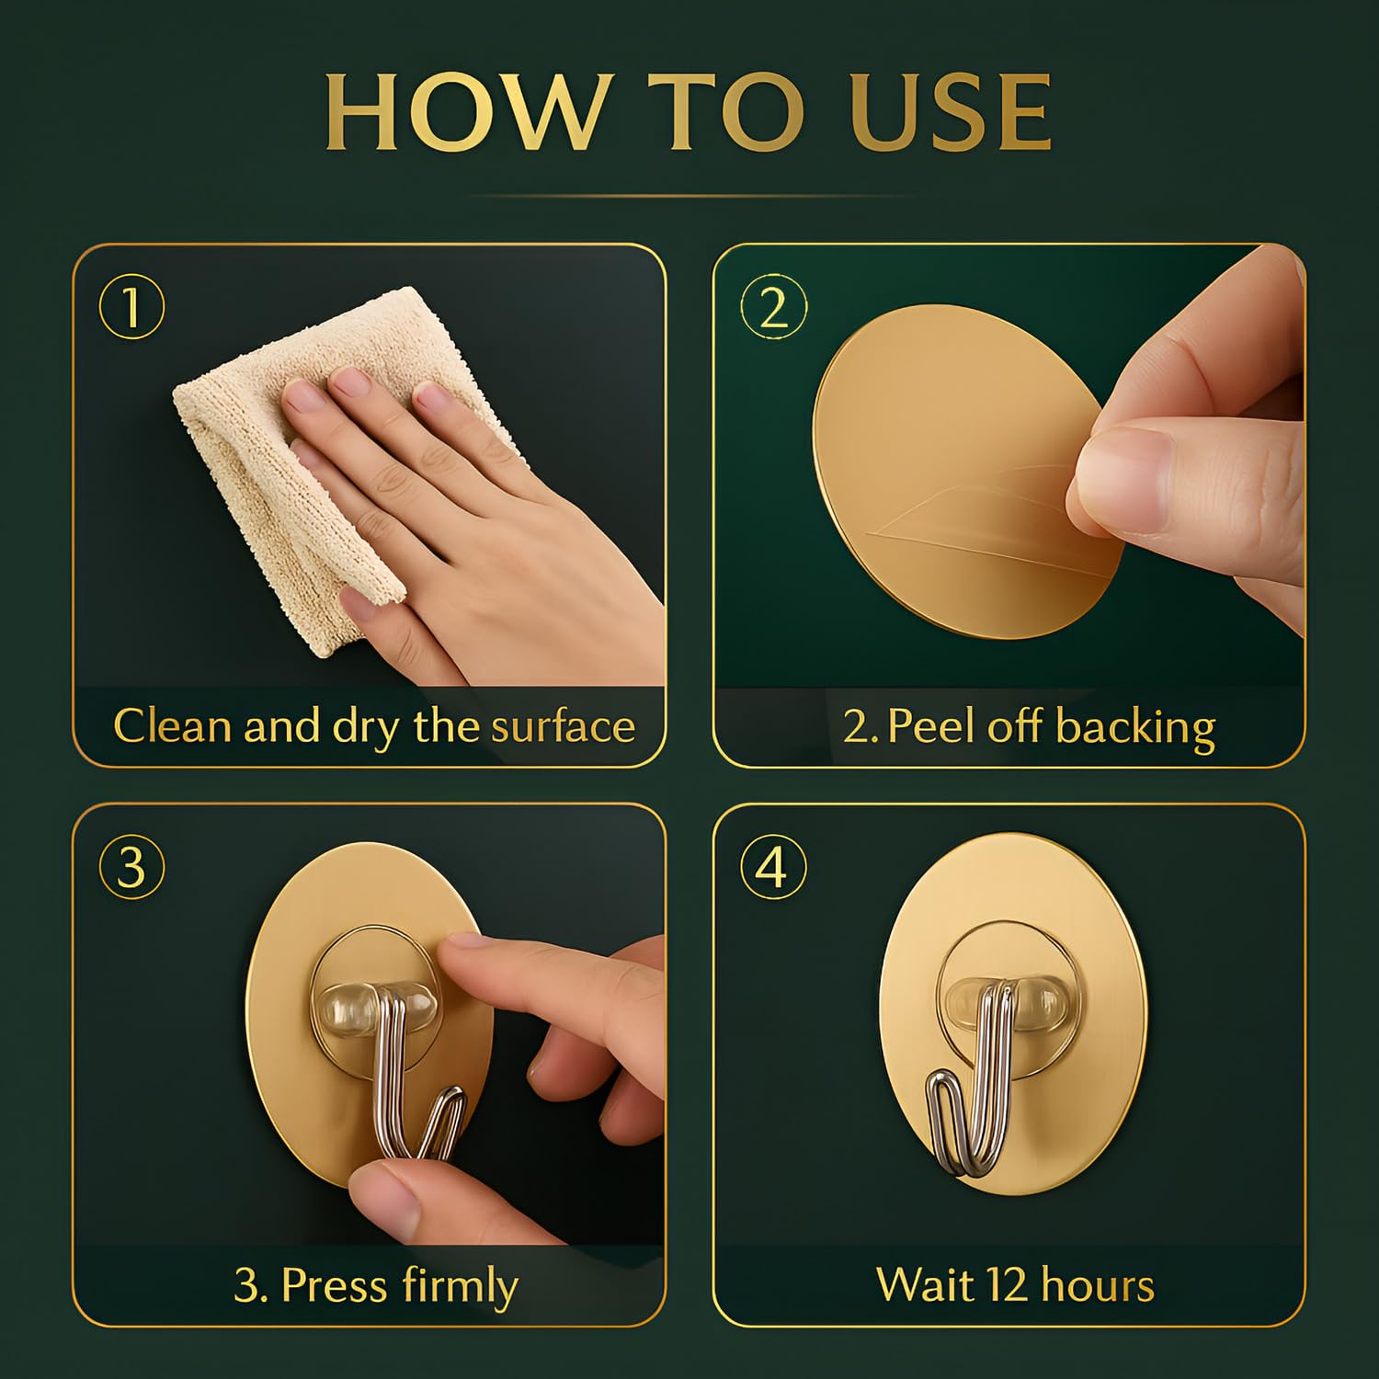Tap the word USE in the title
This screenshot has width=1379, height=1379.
[951, 112]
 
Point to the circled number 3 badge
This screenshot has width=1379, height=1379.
[131, 866]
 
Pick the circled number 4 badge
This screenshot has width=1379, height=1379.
[773, 866]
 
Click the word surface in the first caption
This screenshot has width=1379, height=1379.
[563, 726]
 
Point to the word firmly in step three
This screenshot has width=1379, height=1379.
[460, 1286]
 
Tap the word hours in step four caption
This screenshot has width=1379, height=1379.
[1097, 1285]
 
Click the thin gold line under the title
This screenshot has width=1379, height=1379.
[689, 196]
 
